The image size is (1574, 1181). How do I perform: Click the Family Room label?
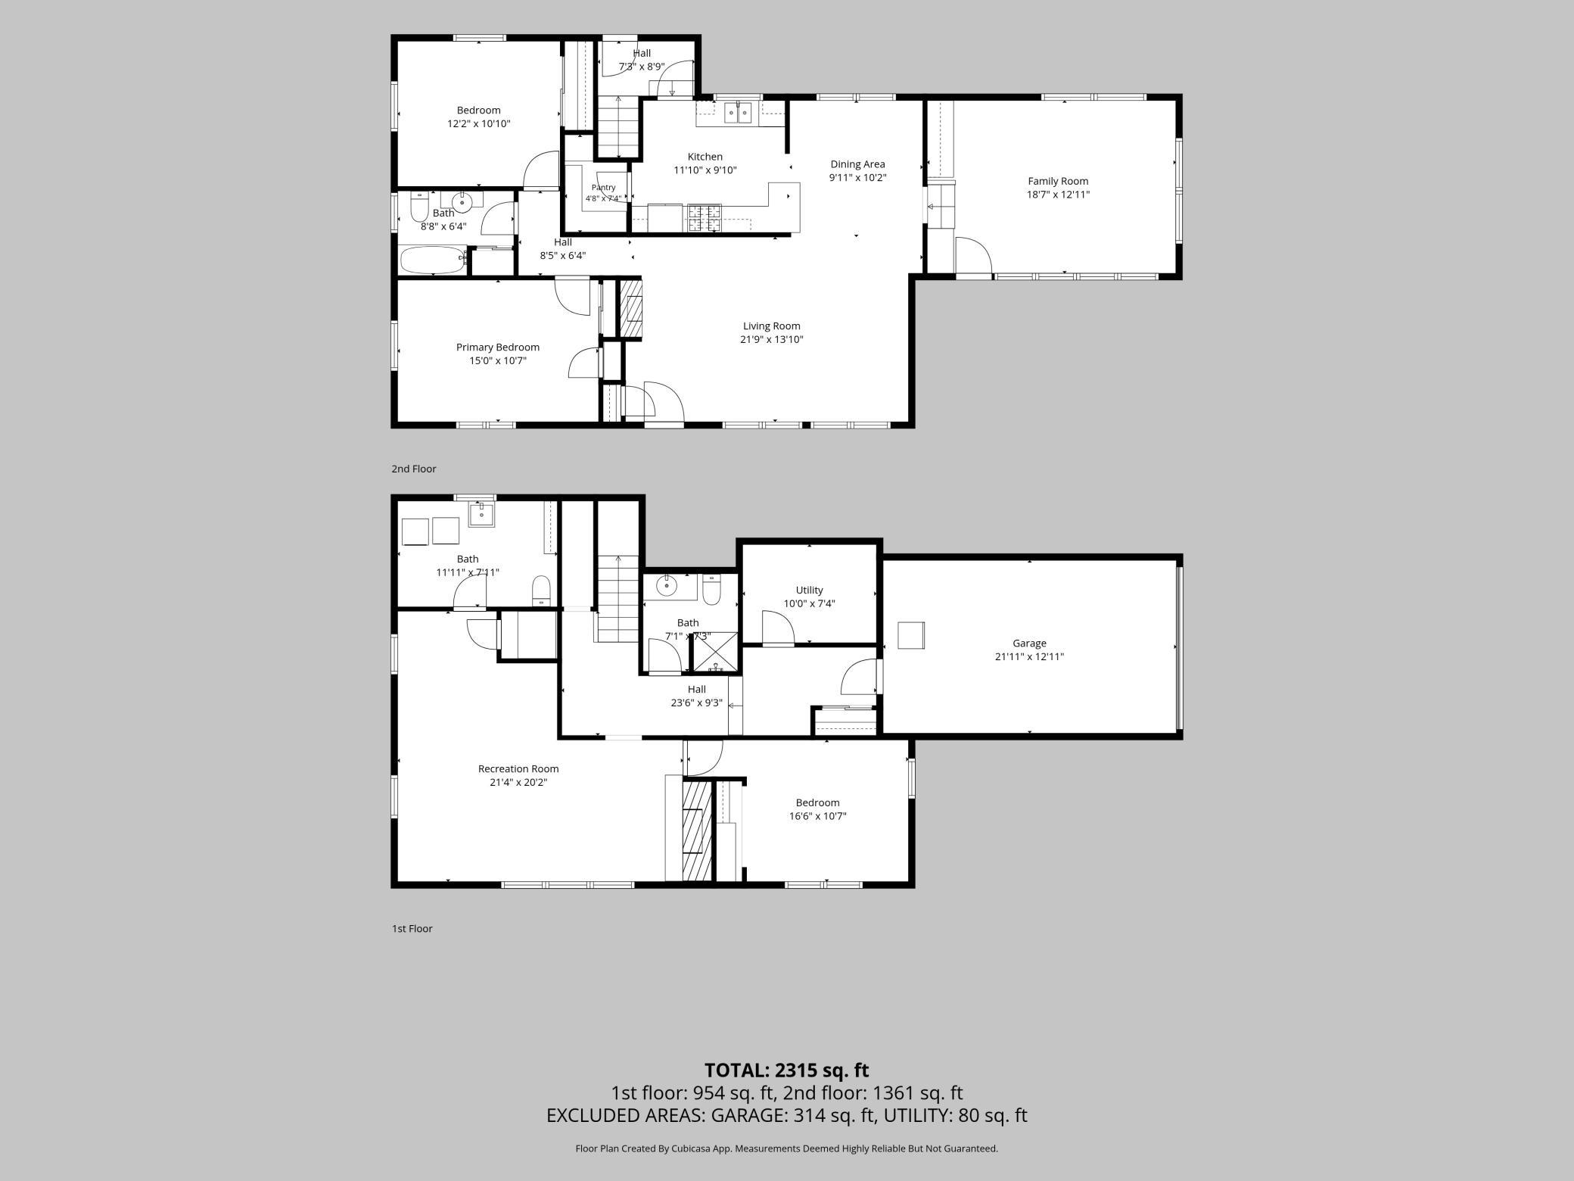click(x=1058, y=181)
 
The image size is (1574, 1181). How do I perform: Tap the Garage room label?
click(x=1029, y=643)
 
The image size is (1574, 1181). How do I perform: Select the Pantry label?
click(x=604, y=187)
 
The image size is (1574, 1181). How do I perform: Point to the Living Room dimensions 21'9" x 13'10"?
click(x=771, y=339)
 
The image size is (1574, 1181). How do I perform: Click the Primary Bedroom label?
click(x=498, y=347)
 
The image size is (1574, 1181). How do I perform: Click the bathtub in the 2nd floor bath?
click(x=432, y=260)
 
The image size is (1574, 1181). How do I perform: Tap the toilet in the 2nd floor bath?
click(x=420, y=206)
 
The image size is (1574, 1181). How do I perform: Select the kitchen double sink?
click(x=738, y=113)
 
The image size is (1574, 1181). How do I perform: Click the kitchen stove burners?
click(x=705, y=218)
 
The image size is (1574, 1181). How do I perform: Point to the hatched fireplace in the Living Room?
click(x=631, y=308)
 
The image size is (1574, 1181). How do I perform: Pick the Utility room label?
click(x=809, y=590)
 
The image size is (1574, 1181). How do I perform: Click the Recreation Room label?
click(x=518, y=768)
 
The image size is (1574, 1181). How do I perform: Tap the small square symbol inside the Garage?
click(x=911, y=634)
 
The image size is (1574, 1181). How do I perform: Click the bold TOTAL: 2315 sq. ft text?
click(x=787, y=1070)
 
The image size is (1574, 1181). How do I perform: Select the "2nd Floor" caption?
click(x=414, y=469)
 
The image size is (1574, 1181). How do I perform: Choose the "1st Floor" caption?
click(x=412, y=928)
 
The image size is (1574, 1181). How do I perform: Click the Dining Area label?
click(x=857, y=164)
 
